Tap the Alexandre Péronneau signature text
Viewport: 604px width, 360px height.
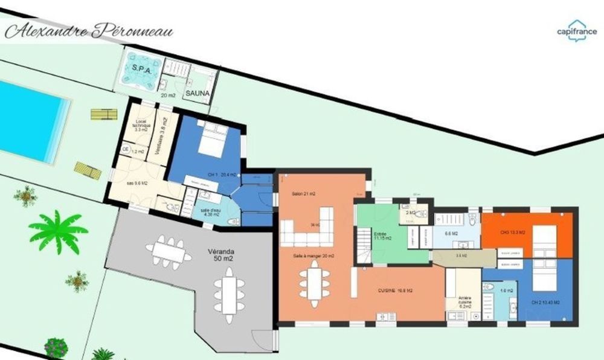pos(88,31)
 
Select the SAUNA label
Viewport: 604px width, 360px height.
pos(197,94)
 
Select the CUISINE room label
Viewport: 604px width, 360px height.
pos(396,291)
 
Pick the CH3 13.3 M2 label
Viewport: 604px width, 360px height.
pos(512,232)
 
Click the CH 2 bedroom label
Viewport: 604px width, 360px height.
pos(545,302)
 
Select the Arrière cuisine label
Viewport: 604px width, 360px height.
pos(464,301)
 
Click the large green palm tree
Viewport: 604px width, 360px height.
pos(58,230)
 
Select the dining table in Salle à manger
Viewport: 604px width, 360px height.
pos(313,282)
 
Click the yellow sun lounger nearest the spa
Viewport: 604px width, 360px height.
pos(103,114)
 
